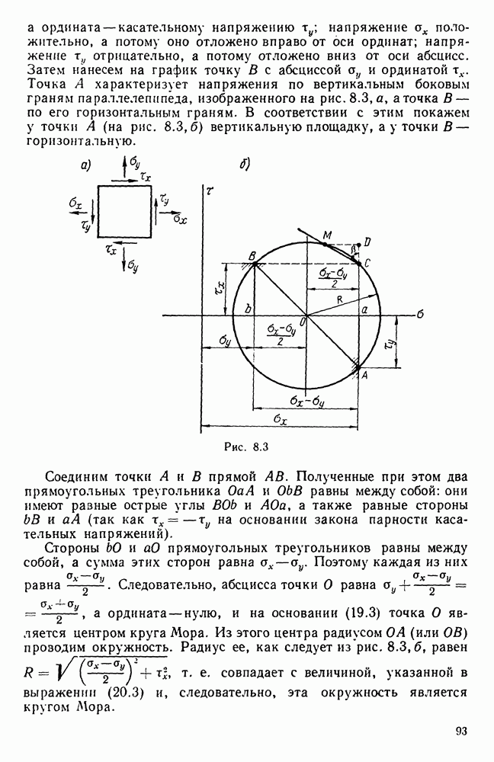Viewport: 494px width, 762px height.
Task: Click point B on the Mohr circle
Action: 253,264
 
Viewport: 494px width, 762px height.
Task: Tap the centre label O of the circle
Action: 303,324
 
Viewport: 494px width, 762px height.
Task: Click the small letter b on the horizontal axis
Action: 247,309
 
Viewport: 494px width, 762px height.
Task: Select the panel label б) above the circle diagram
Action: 245,165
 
